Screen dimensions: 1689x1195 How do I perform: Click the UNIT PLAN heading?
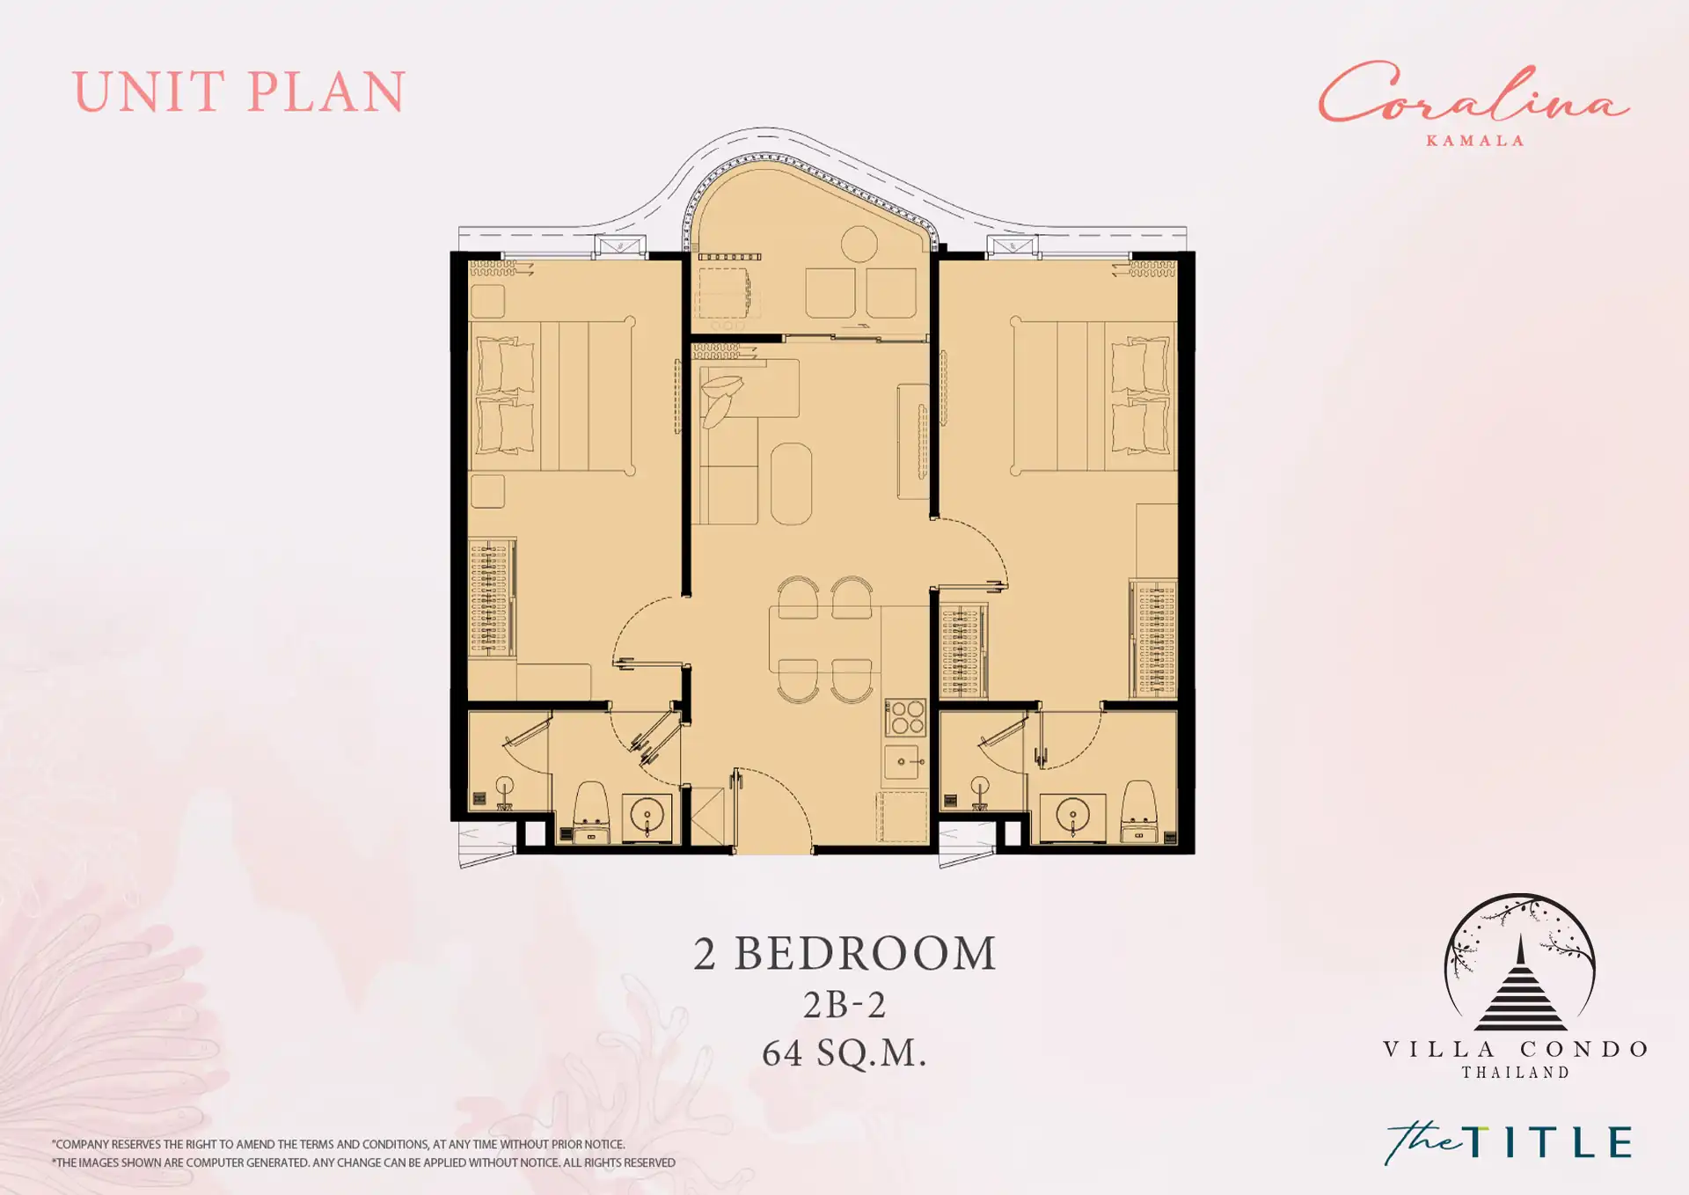(238, 92)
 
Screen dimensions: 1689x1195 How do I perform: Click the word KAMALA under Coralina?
(1474, 141)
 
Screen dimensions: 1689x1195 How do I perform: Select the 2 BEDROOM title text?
(844, 953)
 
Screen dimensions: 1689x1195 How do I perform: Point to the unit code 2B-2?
(844, 1005)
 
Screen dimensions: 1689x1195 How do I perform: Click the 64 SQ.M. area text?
(844, 1052)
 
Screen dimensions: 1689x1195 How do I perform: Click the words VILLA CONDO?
(1516, 1049)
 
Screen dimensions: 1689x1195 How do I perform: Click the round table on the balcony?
(859, 244)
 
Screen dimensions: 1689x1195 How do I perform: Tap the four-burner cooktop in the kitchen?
(905, 716)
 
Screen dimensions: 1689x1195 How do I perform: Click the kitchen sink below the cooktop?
(905, 761)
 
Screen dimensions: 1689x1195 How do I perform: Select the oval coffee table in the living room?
(792, 483)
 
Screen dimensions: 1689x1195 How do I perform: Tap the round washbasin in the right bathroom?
(1072, 815)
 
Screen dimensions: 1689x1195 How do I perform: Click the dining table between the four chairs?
(825, 640)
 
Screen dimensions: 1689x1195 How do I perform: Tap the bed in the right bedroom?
(1093, 396)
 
